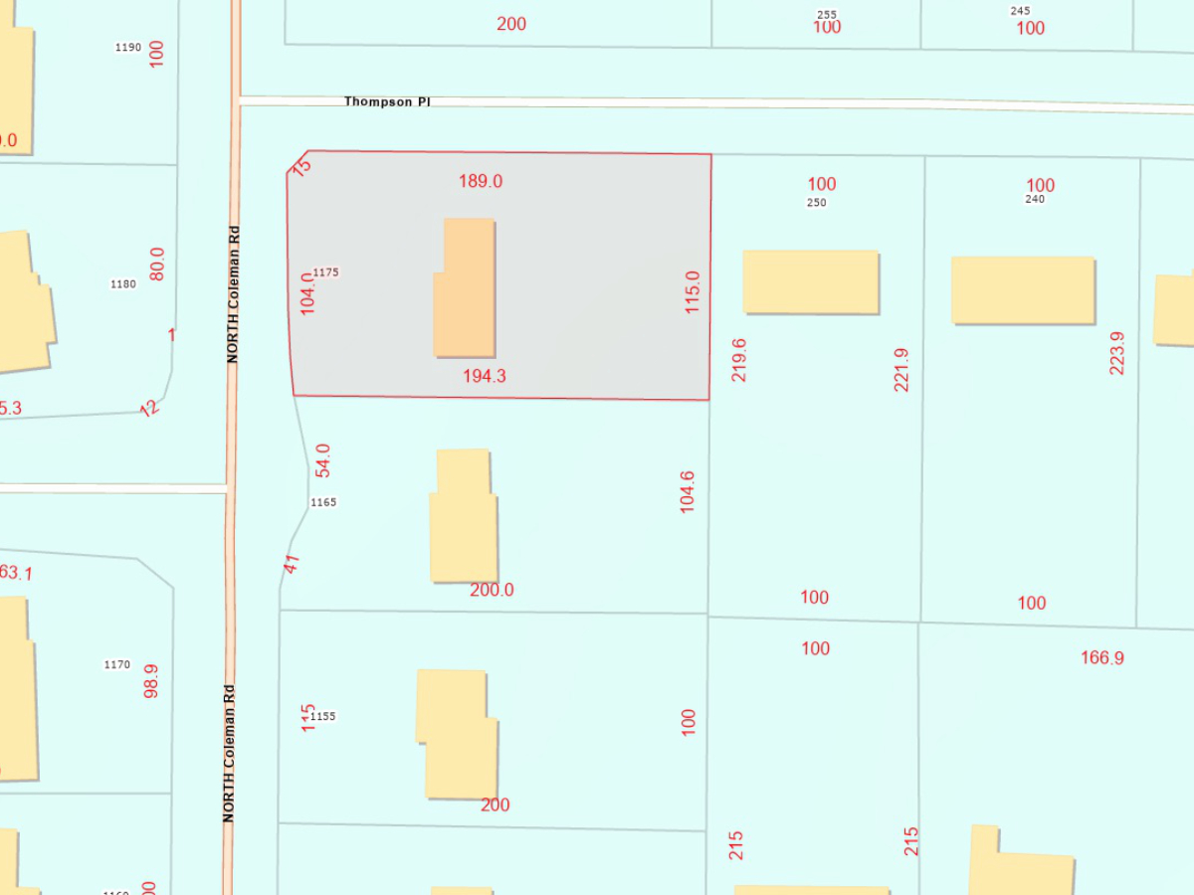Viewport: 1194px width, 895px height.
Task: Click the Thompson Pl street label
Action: point(387,101)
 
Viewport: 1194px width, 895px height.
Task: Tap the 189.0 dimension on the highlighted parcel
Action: point(481,181)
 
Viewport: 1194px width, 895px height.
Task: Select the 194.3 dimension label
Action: point(485,376)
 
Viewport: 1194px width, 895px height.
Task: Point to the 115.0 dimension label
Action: point(693,292)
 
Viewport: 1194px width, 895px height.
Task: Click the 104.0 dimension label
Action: point(307,293)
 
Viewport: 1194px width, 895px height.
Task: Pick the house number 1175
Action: point(326,271)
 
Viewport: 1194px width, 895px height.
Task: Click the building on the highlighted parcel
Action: point(466,287)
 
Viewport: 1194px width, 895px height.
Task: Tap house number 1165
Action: point(323,502)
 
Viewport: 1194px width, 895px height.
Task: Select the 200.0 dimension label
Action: point(492,590)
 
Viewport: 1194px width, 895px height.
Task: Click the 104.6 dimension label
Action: point(687,491)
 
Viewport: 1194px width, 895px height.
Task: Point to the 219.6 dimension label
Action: point(738,360)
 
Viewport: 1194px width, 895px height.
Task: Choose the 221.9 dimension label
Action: point(901,369)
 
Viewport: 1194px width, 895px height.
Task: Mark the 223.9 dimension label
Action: point(1117,353)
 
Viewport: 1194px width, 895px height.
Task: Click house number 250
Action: point(817,202)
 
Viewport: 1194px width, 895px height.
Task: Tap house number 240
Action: point(1036,199)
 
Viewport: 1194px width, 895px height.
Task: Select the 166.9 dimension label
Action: point(1101,657)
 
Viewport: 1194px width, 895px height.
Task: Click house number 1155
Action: point(323,716)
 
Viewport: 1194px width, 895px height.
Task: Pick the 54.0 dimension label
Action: point(322,461)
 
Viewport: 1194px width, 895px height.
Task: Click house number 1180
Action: point(122,283)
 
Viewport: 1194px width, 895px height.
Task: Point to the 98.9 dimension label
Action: point(151,681)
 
